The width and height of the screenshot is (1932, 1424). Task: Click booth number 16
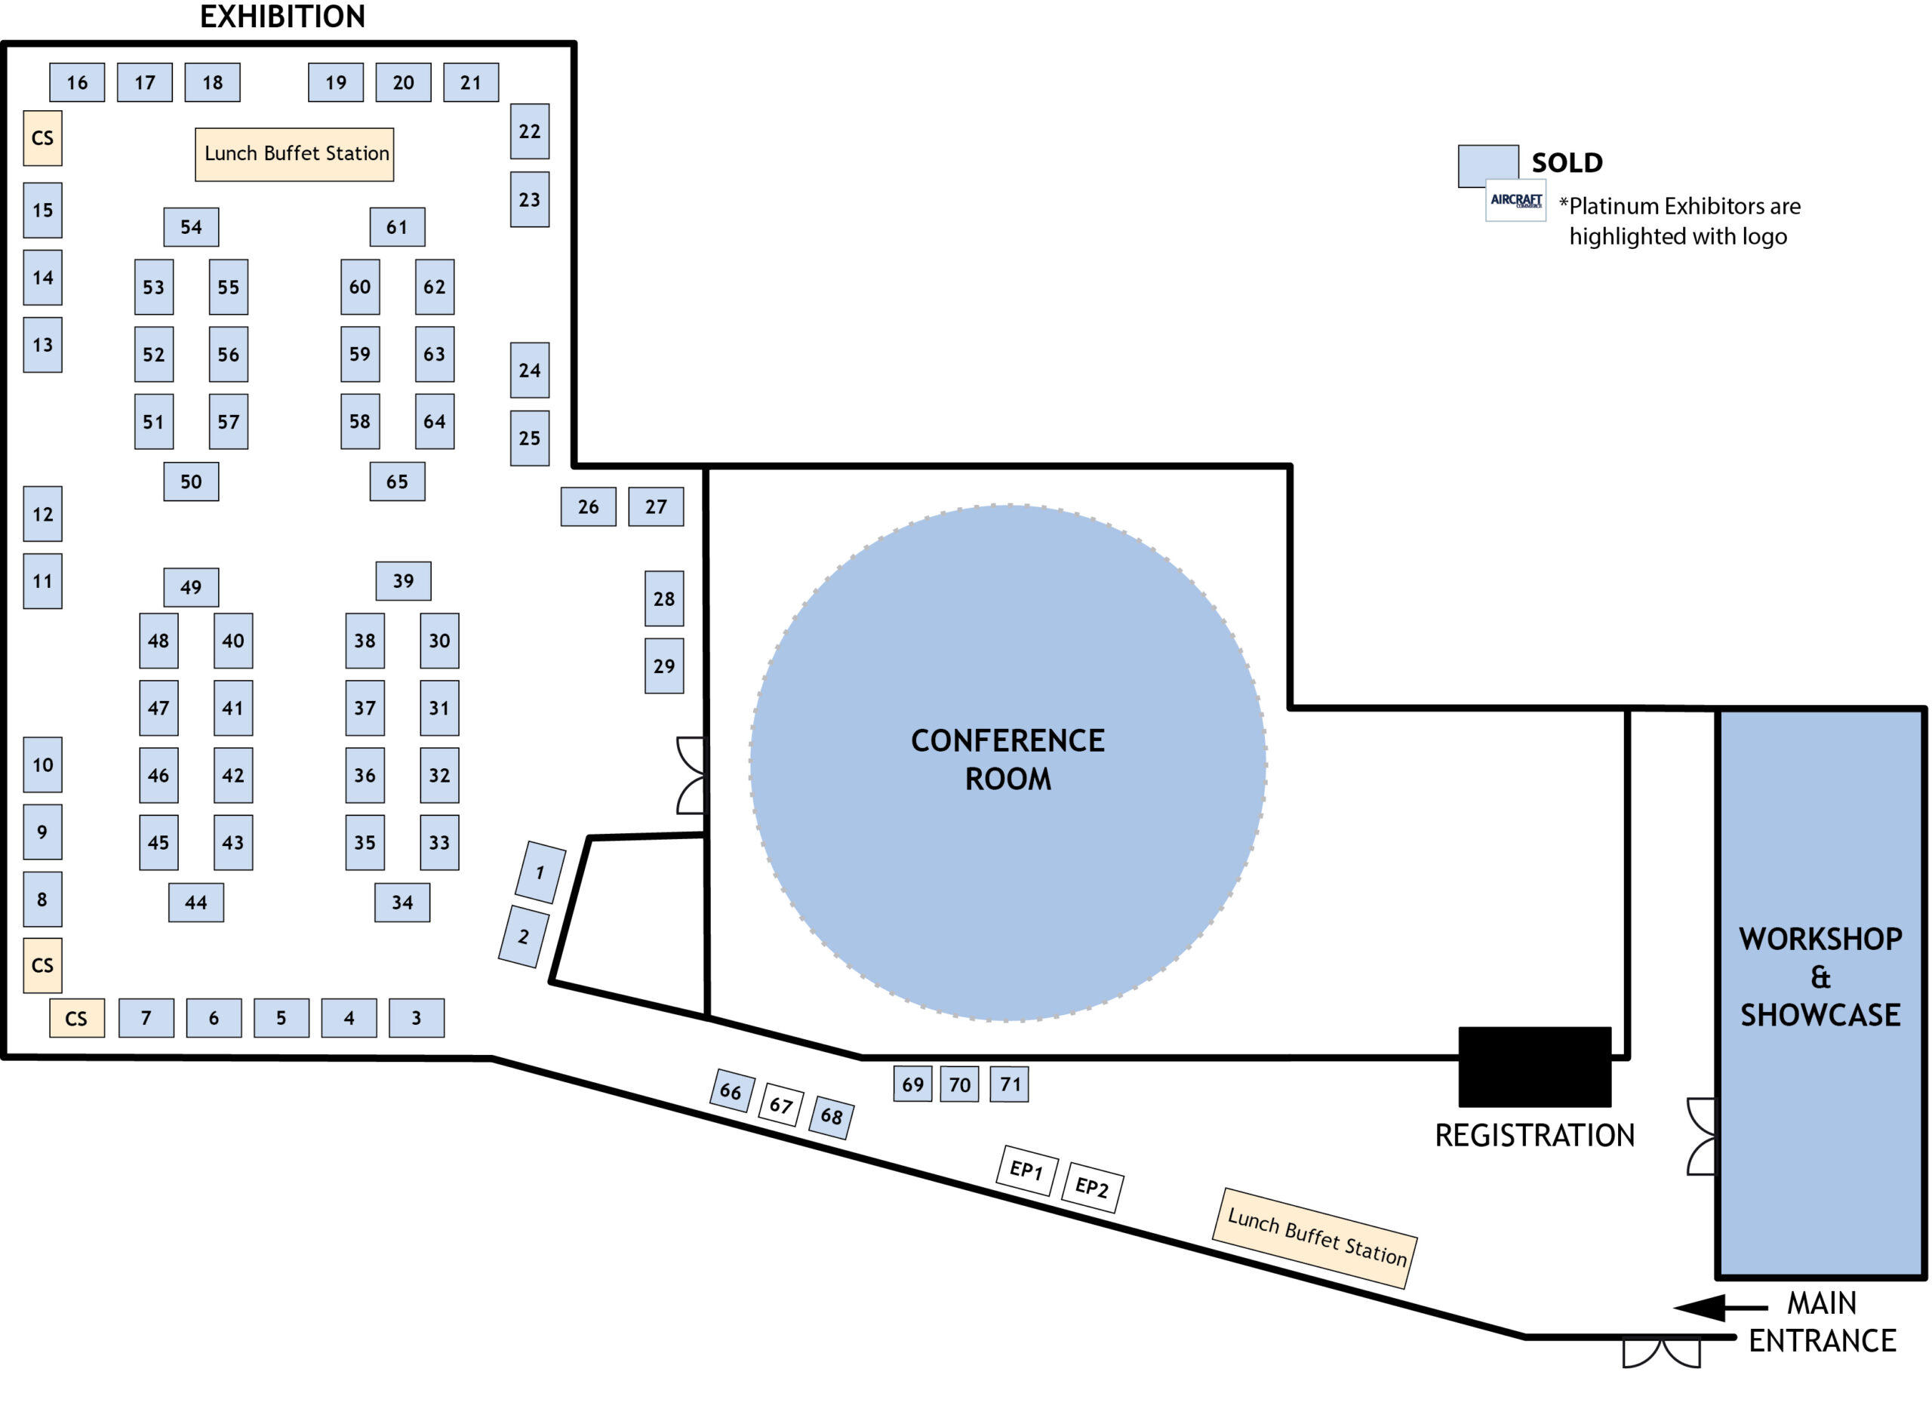coord(77,83)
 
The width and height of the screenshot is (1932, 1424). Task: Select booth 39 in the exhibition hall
coord(402,581)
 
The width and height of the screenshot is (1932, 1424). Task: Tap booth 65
coord(396,482)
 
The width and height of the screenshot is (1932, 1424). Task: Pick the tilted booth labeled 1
coord(540,872)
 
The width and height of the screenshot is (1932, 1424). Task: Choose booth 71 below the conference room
coord(1009,1084)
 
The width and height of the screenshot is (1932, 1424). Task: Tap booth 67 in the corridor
coord(780,1104)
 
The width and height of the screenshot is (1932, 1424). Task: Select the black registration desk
coord(1534,1066)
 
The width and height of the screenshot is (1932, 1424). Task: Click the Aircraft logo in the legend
coord(1515,201)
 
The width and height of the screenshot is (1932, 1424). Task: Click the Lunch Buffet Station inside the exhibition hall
coord(294,154)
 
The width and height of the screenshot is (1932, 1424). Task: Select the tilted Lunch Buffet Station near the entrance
coord(1314,1238)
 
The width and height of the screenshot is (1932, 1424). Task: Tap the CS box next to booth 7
coord(77,1018)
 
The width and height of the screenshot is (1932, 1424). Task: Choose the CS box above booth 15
coord(42,138)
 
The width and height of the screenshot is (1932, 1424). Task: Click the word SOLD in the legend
coord(1566,163)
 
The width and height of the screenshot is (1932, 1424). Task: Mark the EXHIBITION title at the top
coord(282,17)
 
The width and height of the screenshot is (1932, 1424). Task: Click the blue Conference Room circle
coord(1007,762)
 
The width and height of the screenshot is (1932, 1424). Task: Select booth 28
coord(663,598)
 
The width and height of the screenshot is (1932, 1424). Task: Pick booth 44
coord(195,903)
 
